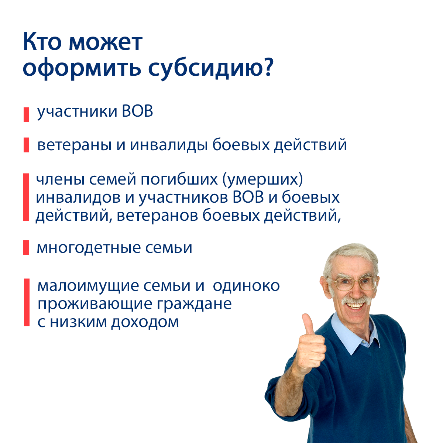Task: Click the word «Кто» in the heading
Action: click(x=42, y=42)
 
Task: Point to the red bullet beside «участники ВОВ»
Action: click(x=27, y=114)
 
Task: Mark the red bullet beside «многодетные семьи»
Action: click(x=26, y=248)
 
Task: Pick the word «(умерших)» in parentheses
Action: click(x=262, y=179)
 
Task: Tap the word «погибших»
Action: click(x=179, y=179)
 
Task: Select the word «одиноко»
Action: click(x=246, y=286)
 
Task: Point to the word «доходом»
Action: click(x=145, y=322)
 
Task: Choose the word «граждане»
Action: click(x=194, y=304)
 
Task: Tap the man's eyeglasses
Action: click(x=354, y=284)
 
